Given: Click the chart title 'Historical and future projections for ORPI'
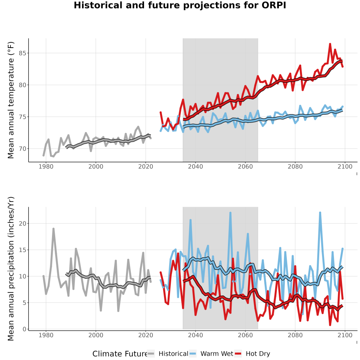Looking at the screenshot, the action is click(x=180, y=6).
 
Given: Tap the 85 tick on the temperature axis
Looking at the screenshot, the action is click(x=22, y=53).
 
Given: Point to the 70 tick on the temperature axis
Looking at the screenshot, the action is click(x=22, y=149).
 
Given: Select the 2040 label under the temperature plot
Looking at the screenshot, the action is click(x=195, y=166).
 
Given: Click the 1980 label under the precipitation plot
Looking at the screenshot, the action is click(x=46, y=335).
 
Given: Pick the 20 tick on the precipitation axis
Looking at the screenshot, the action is click(x=22, y=223).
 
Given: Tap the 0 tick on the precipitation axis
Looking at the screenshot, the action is click(x=24, y=329).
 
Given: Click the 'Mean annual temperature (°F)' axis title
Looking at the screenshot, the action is click(x=11, y=100).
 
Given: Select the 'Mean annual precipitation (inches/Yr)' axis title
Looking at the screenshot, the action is click(x=11, y=269).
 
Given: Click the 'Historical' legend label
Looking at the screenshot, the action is click(x=173, y=354).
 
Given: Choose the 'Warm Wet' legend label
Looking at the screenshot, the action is click(x=217, y=354).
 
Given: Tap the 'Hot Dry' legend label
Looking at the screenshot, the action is click(x=258, y=354).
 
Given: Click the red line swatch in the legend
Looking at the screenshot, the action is click(x=238, y=354).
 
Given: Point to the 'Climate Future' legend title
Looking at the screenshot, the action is click(x=120, y=354).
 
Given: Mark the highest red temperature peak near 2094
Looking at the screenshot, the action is click(x=330, y=44).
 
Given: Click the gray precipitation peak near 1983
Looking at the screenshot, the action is click(x=54, y=229).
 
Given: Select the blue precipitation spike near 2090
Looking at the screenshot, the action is click(x=320, y=213).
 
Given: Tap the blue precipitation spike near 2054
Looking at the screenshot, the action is click(x=230, y=213).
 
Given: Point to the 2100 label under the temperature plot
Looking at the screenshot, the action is click(x=345, y=166).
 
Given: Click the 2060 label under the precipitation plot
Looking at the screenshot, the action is click(x=245, y=335).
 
